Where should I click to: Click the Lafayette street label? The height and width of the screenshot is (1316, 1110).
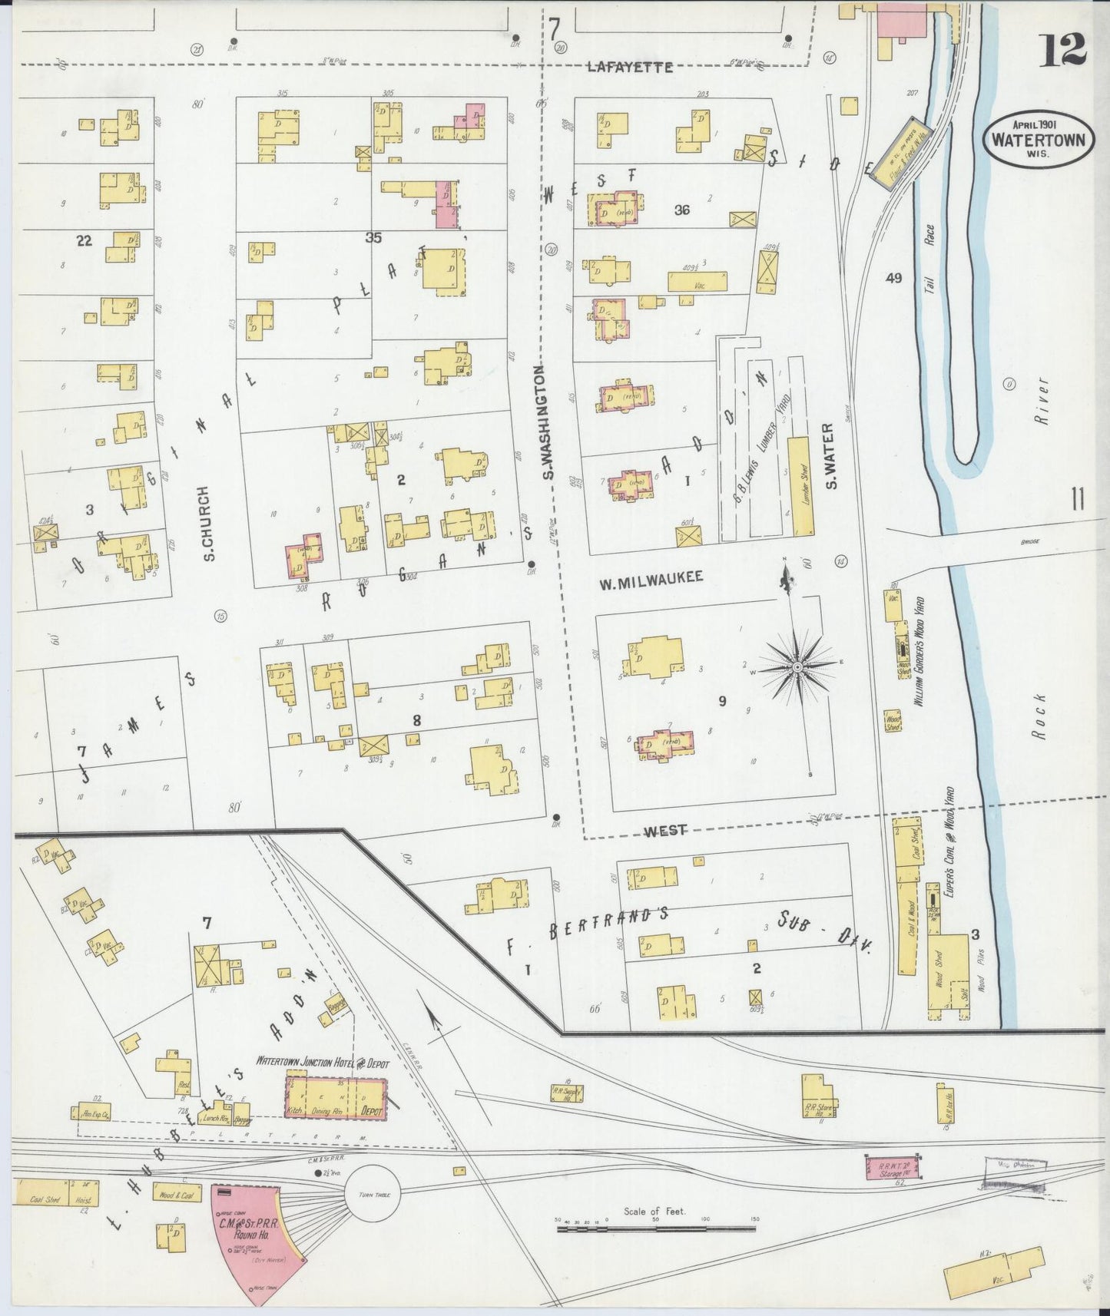coord(629,68)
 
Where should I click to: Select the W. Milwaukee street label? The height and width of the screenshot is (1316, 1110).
coord(651,579)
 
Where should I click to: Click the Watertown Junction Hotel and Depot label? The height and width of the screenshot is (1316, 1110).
coord(323,1064)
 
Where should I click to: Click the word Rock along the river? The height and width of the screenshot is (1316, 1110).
coord(1039,716)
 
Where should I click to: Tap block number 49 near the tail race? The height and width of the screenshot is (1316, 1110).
coord(893,279)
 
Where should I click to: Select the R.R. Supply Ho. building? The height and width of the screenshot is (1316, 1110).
coord(567,1093)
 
